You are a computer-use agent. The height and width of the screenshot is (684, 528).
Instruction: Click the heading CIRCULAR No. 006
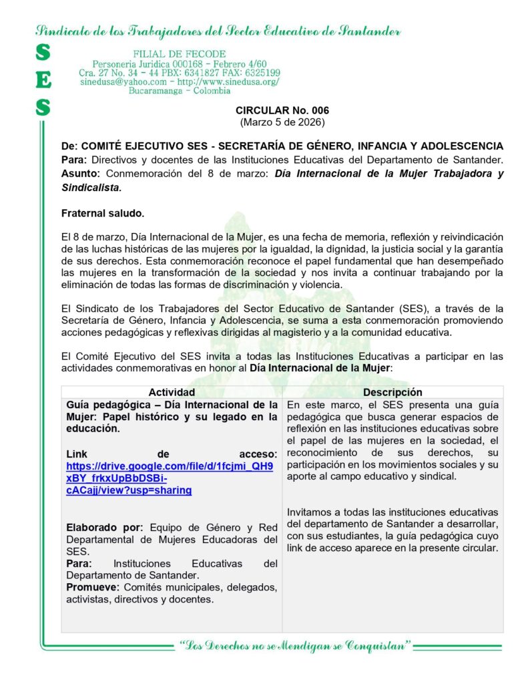(282, 110)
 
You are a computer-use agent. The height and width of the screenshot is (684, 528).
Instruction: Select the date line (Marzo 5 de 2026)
(282, 122)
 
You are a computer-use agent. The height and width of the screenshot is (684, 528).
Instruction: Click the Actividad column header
(172, 393)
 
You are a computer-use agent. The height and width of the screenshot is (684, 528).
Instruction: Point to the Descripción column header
(392, 393)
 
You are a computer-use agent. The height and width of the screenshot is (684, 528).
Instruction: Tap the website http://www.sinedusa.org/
(228, 81)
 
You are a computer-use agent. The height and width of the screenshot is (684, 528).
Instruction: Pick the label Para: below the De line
(74, 160)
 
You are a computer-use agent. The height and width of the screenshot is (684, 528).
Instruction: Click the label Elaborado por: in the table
(105, 528)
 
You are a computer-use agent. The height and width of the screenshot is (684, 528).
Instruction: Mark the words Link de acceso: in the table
(172, 454)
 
